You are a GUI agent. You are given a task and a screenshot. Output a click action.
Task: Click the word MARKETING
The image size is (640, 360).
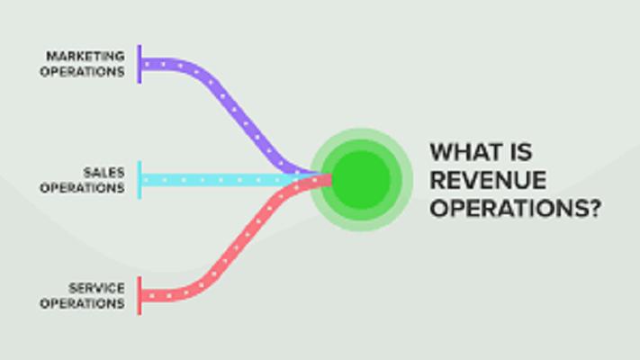click(x=86, y=56)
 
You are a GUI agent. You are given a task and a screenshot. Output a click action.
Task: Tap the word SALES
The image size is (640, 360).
click(x=104, y=173)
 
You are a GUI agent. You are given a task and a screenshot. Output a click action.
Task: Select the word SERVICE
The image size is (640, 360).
click(x=96, y=288)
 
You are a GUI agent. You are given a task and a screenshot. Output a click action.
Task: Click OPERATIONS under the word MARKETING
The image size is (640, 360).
click(x=83, y=72)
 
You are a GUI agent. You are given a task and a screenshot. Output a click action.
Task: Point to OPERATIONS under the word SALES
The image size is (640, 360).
click(x=83, y=188)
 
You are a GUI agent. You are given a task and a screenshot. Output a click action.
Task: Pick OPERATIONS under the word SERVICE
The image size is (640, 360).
click(x=83, y=303)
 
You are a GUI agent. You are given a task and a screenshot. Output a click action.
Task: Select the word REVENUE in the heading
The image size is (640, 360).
click(x=488, y=180)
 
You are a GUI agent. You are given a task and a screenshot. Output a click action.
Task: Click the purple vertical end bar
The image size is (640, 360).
click(x=140, y=64)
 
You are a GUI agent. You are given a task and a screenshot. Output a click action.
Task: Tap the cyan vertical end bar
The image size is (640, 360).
click(x=140, y=180)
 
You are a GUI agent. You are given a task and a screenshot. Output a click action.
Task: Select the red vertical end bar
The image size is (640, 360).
click(x=140, y=295)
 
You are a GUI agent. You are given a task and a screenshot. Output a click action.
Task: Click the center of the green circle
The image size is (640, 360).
click(x=361, y=180)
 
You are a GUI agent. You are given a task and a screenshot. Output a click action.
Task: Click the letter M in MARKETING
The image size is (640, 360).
click(x=51, y=56)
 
